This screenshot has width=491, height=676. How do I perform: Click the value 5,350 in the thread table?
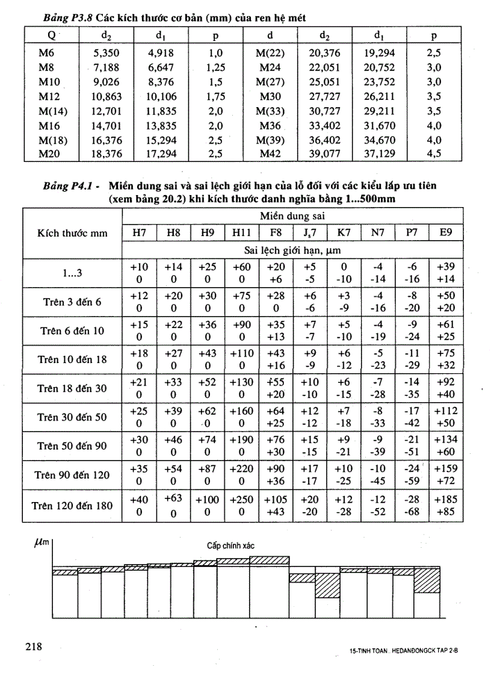tap(107, 52)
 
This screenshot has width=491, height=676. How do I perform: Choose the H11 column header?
tap(241, 232)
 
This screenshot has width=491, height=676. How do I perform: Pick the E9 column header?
tap(446, 232)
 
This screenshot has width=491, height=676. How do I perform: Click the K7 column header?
tap(344, 232)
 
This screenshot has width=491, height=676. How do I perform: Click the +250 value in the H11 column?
tap(241, 499)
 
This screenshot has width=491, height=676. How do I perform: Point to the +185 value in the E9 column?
tap(446, 499)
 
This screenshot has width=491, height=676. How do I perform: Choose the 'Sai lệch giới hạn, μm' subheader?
tap(292, 250)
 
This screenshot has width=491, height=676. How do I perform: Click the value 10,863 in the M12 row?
tap(107, 96)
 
